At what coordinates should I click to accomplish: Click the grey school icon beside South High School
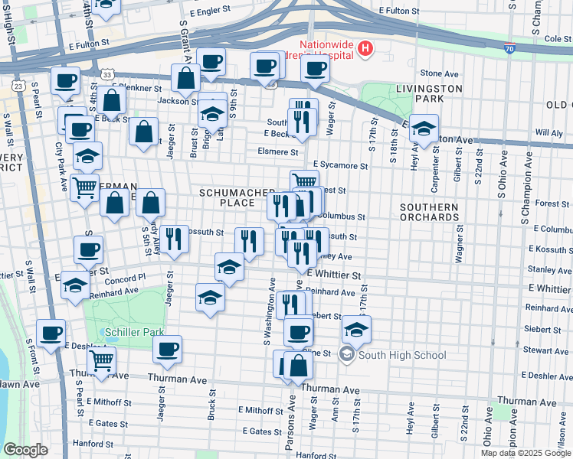348,354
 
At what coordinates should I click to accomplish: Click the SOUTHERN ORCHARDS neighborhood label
429,212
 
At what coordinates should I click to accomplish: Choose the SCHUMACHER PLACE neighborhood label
226,197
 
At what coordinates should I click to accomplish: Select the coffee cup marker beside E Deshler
51,333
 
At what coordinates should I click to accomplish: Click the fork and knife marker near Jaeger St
175,239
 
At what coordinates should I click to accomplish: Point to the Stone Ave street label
439,73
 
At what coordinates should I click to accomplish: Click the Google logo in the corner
25,450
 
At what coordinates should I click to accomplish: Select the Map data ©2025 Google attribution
526,453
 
